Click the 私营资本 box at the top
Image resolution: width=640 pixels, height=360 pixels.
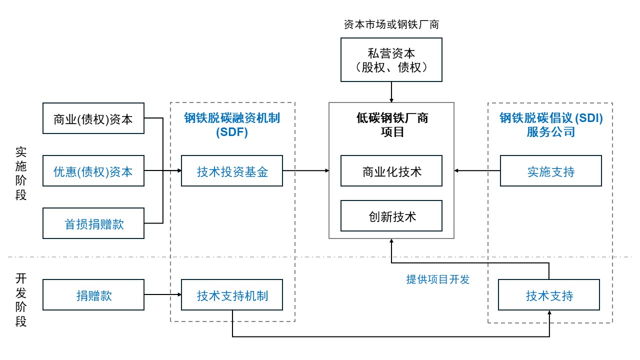391,60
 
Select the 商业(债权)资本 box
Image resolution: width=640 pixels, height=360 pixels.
93,118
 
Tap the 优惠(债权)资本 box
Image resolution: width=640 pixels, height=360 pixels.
93,171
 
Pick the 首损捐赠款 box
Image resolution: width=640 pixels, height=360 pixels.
93,223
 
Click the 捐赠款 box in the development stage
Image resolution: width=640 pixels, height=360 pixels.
93,295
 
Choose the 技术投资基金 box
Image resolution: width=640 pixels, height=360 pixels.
232,171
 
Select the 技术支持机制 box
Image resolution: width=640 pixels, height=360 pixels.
232,295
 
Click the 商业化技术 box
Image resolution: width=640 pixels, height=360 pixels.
391,171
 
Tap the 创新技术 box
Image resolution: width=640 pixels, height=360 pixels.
391,216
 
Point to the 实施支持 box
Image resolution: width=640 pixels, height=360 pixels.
550,171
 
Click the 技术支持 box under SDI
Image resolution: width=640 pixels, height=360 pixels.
549,295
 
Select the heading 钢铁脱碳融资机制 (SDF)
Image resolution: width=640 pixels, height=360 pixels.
232,125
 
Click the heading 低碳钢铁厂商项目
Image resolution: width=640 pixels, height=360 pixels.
391,125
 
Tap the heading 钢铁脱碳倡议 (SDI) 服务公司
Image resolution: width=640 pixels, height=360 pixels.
550,125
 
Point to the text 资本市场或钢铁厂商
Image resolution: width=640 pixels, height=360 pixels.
391,24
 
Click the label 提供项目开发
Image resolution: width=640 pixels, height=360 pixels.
438,279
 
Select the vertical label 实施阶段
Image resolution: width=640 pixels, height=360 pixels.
21,173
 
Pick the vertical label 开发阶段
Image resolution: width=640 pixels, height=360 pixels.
21,300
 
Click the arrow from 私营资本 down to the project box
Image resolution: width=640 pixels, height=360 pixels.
391,92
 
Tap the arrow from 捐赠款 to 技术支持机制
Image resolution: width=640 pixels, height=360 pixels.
162,295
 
